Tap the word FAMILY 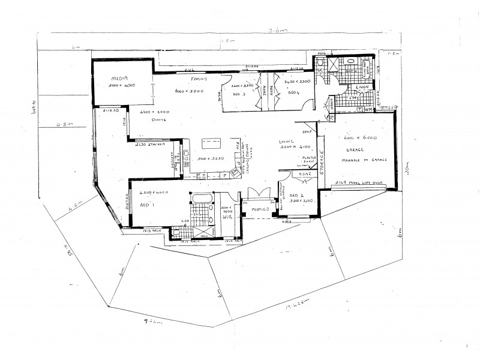(199, 79)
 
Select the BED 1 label (146, 204)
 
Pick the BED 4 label (293, 93)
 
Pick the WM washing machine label (368, 110)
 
